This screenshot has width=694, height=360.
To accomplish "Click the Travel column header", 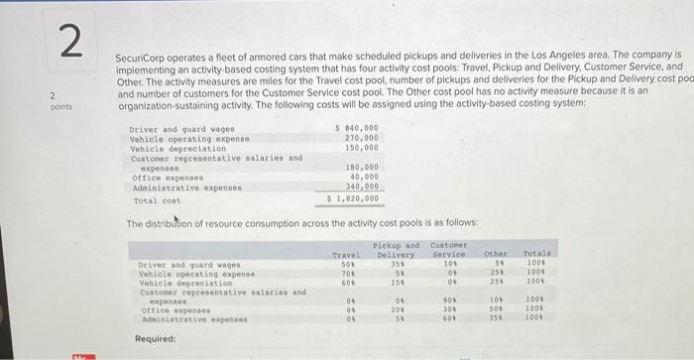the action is click(344, 255).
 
